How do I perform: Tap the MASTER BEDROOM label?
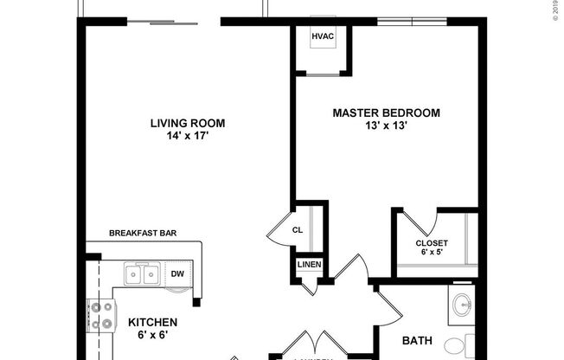pyautogui.click(x=387, y=112)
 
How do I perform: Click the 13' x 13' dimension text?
pyautogui.click(x=387, y=125)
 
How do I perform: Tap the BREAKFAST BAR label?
pyautogui.click(x=144, y=233)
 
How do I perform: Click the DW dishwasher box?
pyautogui.click(x=176, y=274)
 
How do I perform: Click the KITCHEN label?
pyautogui.click(x=153, y=321)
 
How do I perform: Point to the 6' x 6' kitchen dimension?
pyautogui.click(x=153, y=334)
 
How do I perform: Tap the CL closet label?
pyautogui.click(x=297, y=230)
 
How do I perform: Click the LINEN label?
pyautogui.click(x=309, y=264)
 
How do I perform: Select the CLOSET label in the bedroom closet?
pyautogui.click(x=432, y=243)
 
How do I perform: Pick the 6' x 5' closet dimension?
pyautogui.click(x=432, y=254)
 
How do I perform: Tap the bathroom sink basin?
pyautogui.click(x=462, y=305)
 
